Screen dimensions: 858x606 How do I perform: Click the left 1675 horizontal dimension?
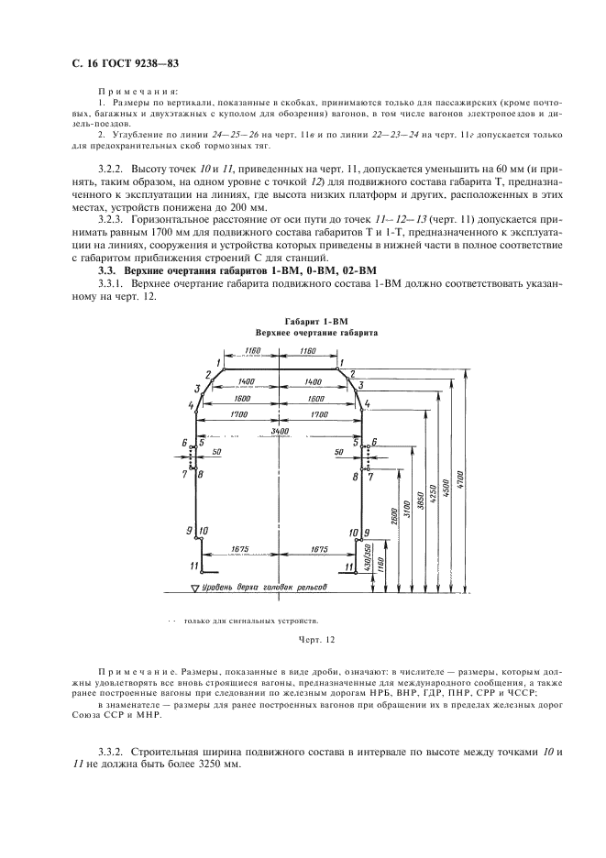240,548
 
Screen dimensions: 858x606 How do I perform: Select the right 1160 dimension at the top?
308,351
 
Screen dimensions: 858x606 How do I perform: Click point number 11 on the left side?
193,566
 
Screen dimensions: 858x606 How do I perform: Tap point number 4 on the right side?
367,403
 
